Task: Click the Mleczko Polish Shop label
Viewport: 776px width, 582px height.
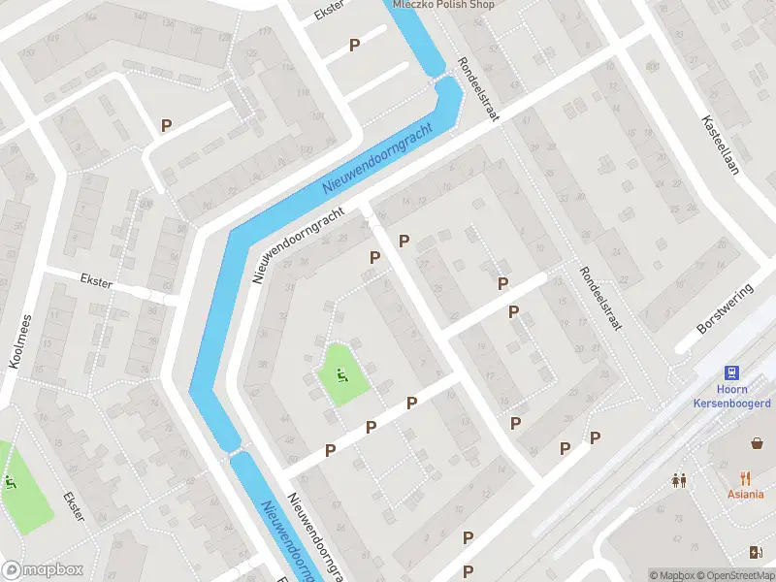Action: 443,5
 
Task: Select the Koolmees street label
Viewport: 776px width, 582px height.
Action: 20,340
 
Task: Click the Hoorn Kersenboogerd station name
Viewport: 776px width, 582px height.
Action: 731,396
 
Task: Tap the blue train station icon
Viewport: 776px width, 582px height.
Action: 731,372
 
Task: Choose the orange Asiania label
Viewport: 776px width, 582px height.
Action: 745,493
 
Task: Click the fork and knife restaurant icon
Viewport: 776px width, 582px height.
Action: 745,477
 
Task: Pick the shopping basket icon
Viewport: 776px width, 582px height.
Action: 757,443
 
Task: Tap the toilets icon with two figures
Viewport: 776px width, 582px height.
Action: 679,479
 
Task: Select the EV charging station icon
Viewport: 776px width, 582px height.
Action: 757,552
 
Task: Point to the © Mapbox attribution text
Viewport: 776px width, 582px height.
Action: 671,575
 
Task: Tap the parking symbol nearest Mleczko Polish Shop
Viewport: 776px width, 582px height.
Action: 354,45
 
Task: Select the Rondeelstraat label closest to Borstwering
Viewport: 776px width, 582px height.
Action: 599,300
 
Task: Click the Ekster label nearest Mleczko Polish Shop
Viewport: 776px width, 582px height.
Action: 330,12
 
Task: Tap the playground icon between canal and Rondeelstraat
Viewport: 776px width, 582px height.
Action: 340,374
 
